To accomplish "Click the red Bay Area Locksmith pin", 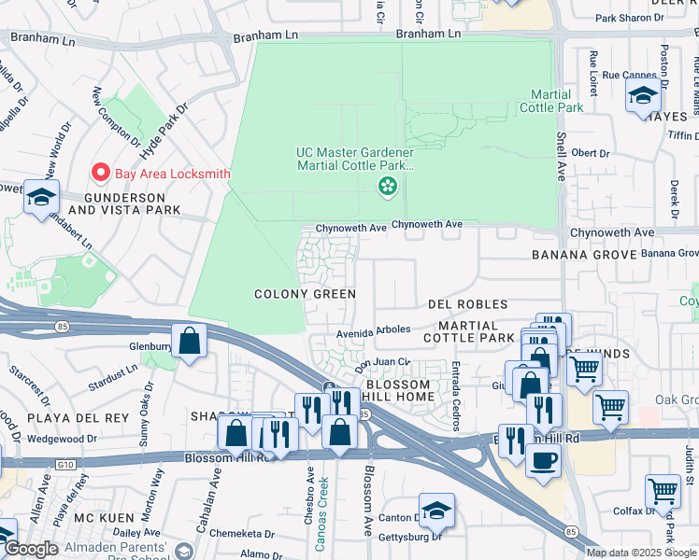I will click(101, 173).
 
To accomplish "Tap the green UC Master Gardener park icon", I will click(386, 188).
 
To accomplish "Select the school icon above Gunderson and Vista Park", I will click(41, 199).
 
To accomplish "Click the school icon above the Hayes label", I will click(643, 97).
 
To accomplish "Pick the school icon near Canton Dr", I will click(436, 511).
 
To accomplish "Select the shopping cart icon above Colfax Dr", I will click(663, 492).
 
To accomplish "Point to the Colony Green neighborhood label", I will click(306, 294).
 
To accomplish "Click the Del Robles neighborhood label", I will click(467, 304).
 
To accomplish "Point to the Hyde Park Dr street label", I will click(168, 121).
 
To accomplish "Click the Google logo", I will click(31, 549).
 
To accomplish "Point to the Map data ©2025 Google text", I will click(641, 553).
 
